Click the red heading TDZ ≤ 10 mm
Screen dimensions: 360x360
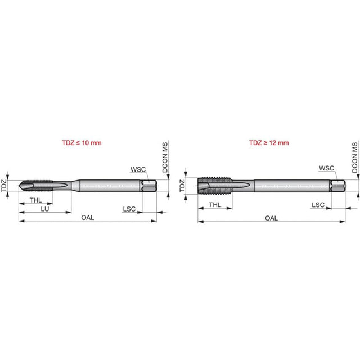pos(82,143)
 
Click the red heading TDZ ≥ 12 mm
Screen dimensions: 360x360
pos(269,143)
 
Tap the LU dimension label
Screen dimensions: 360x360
pos(45,209)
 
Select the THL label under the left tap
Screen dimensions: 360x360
pos(36,200)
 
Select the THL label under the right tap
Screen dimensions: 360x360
pos(215,205)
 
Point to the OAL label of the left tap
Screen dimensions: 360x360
pos(88,218)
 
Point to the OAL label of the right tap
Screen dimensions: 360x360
pos(271,218)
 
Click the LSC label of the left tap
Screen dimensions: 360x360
pos(129,209)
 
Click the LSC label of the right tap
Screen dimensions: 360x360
pos(318,205)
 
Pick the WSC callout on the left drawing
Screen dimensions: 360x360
pos(138,169)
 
